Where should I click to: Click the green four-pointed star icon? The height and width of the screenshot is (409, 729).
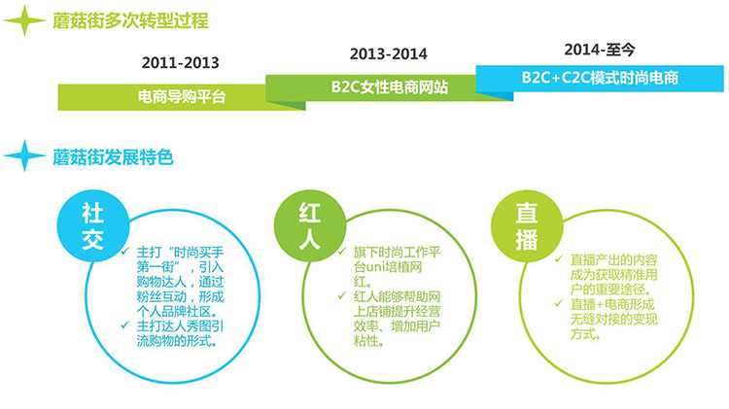tap(24, 20)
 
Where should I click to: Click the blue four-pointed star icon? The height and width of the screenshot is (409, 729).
tap(24, 156)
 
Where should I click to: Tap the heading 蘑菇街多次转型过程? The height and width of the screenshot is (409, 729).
tap(130, 21)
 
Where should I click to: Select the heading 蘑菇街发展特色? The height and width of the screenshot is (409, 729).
tap(113, 157)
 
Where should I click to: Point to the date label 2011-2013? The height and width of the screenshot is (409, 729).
tap(181, 63)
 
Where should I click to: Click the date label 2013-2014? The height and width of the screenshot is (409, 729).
tap(388, 53)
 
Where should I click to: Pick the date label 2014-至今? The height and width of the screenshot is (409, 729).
tap(600, 50)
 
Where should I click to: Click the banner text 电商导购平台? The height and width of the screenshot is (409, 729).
tap(182, 97)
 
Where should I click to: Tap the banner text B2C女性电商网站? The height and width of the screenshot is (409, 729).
tap(390, 86)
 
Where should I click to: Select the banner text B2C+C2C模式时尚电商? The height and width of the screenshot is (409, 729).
tap(600, 78)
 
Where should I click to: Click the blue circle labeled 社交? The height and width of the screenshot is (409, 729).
tap(93, 226)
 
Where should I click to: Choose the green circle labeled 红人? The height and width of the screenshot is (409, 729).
tap(310, 226)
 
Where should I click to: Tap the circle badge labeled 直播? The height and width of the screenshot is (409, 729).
tap(527, 226)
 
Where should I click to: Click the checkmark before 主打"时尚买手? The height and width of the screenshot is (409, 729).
tap(125, 252)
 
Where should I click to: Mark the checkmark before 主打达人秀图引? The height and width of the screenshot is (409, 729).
tap(125, 324)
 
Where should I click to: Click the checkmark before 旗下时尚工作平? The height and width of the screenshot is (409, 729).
tap(342, 252)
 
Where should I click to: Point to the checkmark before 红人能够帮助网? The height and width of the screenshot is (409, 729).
tap(342, 295)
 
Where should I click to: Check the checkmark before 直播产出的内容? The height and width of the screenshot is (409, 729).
tap(559, 258)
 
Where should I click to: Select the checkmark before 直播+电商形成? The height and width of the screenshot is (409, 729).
tap(559, 303)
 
